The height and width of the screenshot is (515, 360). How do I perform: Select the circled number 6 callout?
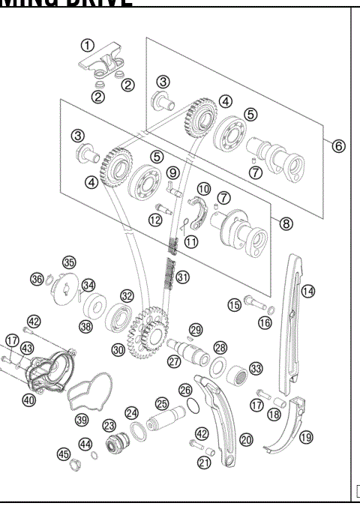tap(338, 145)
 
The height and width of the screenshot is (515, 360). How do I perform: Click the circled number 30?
tap(117, 349)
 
